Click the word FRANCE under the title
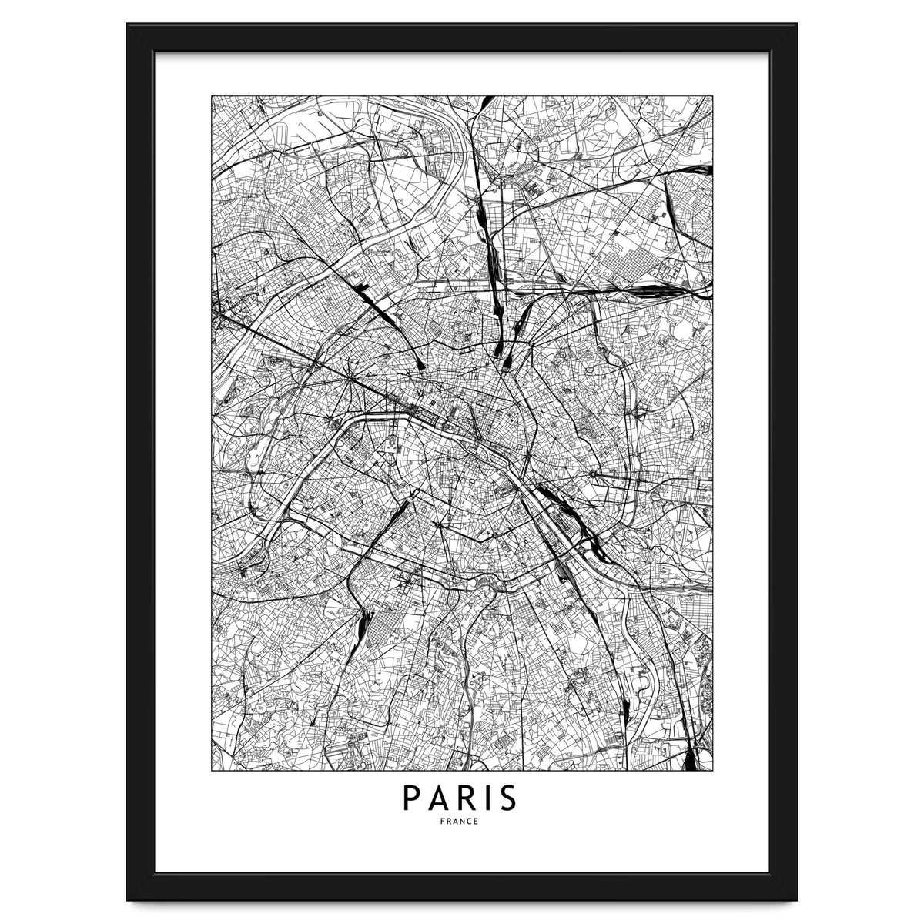point(462,822)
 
